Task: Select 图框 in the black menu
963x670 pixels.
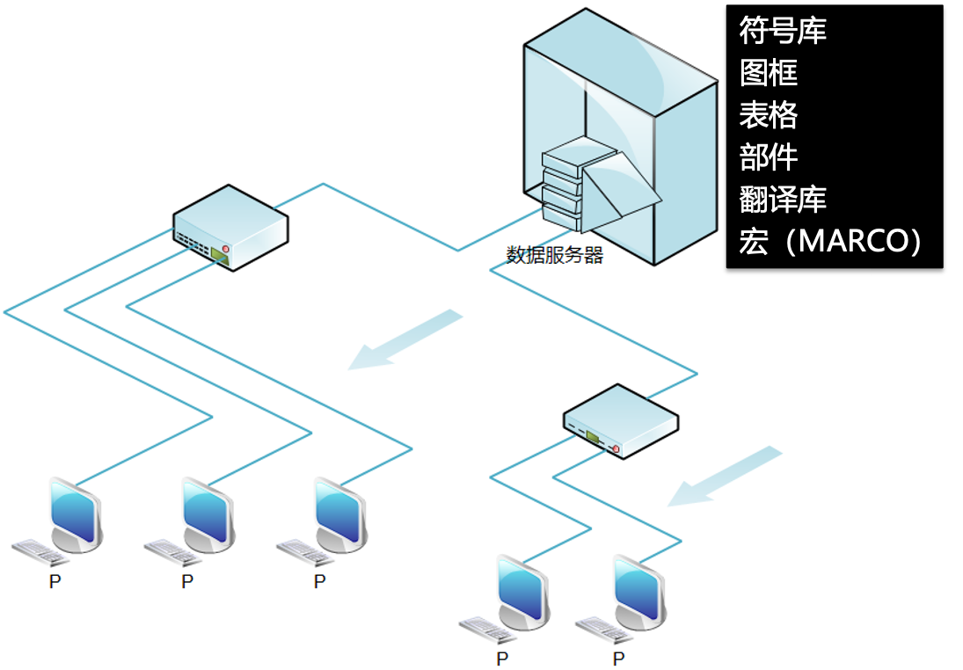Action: [x=769, y=74]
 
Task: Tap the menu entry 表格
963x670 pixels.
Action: [x=769, y=115]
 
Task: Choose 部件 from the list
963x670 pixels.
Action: [x=769, y=157]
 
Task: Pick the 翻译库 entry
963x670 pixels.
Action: [x=783, y=199]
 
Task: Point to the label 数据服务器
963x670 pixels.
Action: [x=554, y=256]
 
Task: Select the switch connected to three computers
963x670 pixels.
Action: [x=230, y=227]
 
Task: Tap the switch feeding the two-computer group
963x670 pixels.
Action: [x=621, y=421]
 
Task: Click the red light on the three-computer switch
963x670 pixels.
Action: [x=225, y=250]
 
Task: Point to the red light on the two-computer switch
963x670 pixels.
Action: [x=616, y=450]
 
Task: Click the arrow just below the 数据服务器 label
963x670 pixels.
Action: [x=405, y=339]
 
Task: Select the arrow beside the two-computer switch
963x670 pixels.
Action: [x=725, y=476]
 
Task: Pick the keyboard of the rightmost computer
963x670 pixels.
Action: [x=602, y=626]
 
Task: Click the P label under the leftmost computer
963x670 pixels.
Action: [x=55, y=582]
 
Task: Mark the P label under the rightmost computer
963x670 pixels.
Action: [x=619, y=659]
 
